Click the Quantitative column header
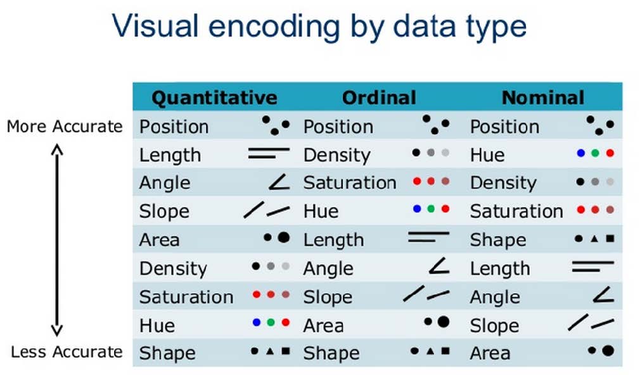tap(214, 98)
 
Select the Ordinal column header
tap(379, 98)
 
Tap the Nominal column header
tap(543, 98)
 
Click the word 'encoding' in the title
tap(274, 27)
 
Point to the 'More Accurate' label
tap(65, 127)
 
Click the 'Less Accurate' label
tap(67, 352)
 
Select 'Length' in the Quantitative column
tap(170, 155)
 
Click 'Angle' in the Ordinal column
tap(328, 269)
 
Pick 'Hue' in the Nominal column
tap(487, 155)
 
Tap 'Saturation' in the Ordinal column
tap(350, 183)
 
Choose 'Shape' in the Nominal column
tap(498, 240)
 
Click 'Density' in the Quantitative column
tap(173, 269)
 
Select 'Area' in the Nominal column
tap(490, 353)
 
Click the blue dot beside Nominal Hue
tap(581, 153)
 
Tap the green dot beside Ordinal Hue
tap(431, 209)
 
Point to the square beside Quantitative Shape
tap(286, 350)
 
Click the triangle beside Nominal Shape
tap(594, 239)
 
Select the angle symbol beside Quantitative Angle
tap(279, 182)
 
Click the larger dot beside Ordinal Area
tap(444, 322)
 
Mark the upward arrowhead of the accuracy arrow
tap(57, 149)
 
